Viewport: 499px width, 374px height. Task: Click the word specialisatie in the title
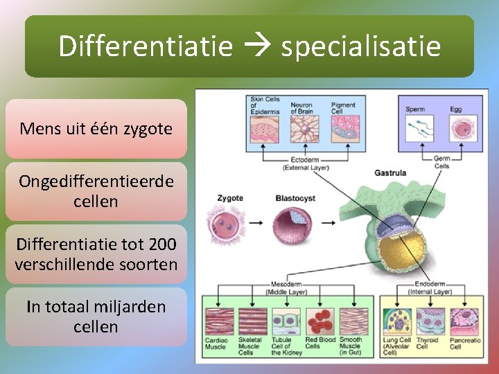pos(360,46)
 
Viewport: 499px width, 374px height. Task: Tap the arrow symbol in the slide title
pos(257,47)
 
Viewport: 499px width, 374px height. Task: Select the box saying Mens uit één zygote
pos(96,129)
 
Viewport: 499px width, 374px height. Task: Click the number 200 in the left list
pos(160,244)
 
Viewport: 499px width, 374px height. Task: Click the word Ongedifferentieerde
pos(96,181)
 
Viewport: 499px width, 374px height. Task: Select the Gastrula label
pos(390,172)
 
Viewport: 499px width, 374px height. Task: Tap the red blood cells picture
pos(319,321)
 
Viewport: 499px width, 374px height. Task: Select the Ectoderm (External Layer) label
pos(301,164)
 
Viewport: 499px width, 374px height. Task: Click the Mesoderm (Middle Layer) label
pos(285,288)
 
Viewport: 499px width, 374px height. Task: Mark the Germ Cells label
pos(441,162)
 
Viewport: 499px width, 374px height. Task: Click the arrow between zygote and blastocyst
pos(256,223)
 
